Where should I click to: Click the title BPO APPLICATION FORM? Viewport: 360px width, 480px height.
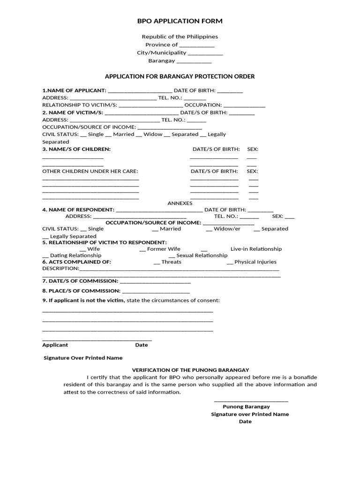tap(180, 21)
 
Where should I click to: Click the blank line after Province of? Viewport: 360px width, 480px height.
tap(197, 45)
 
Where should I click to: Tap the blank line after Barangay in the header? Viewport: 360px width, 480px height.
tap(194, 61)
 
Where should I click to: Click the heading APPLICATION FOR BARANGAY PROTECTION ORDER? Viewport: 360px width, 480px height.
tap(180, 76)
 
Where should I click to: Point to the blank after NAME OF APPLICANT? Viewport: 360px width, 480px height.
tap(140, 91)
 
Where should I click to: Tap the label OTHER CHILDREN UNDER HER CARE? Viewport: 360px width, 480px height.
tap(90, 171)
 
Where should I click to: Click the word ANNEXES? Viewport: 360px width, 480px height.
tap(180, 203)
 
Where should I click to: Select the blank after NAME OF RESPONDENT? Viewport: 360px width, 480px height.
tap(159, 210)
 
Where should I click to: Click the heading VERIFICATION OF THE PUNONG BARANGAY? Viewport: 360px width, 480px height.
tap(190, 370)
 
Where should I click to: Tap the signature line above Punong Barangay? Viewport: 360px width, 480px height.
tap(251, 401)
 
